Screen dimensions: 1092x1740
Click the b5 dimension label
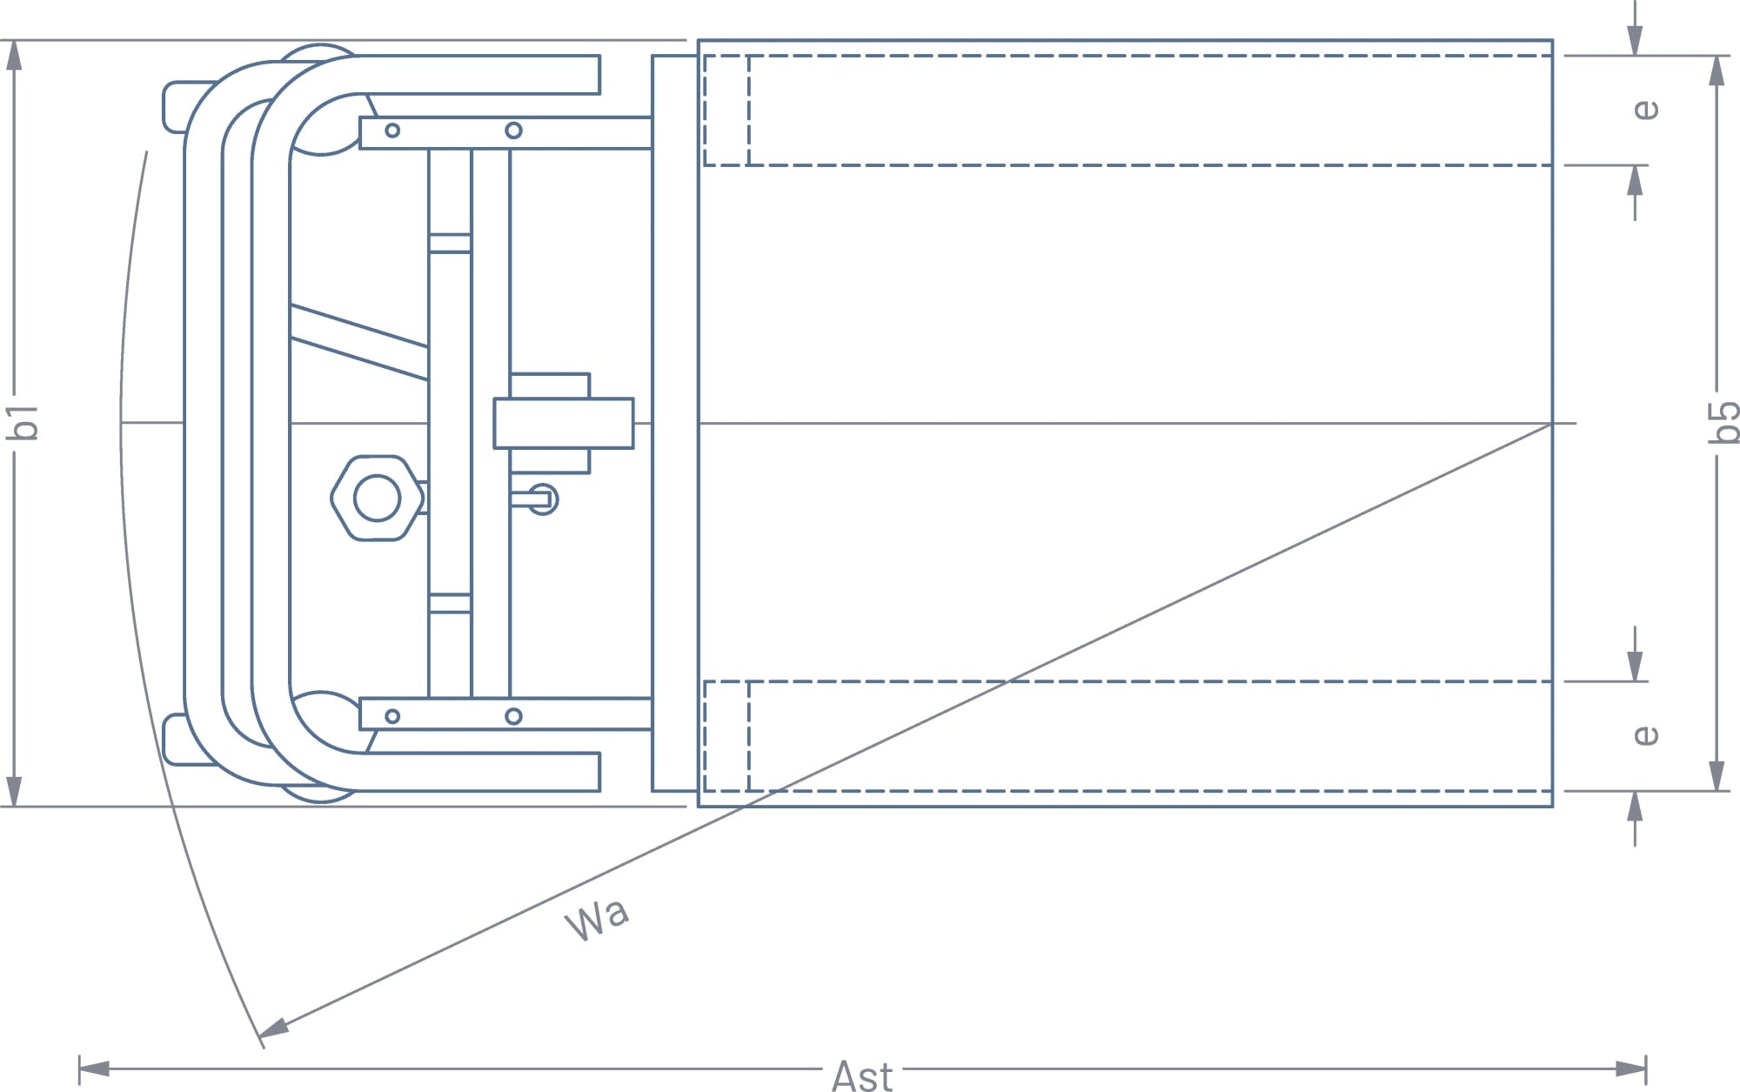[x=1723, y=422]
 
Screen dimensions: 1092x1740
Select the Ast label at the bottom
[x=861, y=1076]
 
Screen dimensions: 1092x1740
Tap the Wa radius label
[x=597, y=919]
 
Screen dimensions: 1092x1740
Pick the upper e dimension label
[x=1645, y=110]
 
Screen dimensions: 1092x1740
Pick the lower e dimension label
[x=1645, y=735]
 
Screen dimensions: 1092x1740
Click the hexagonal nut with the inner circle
[x=378, y=499]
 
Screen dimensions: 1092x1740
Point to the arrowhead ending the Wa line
[x=271, y=1029]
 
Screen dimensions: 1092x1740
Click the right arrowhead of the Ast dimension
[x=1630, y=1069]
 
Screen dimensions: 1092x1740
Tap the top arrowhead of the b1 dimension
[x=14, y=55]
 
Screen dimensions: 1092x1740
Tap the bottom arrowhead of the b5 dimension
[x=1717, y=776]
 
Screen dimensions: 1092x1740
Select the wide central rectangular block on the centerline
[x=563, y=423]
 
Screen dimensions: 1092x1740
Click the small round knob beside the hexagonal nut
[x=544, y=499]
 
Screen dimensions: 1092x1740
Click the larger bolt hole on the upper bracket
[x=513, y=131]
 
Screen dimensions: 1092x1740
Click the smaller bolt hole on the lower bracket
[x=392, y=716]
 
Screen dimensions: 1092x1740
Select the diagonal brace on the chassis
[x=358, y=342]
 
